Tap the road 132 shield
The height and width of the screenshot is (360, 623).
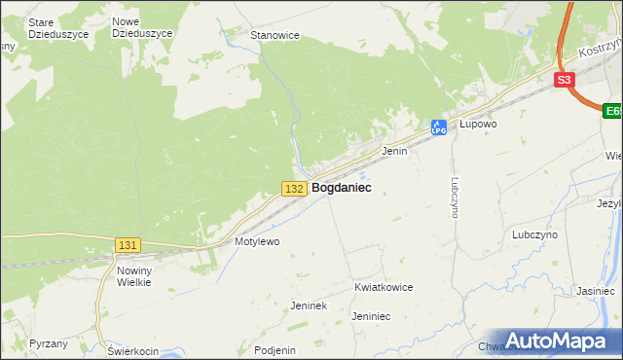295,188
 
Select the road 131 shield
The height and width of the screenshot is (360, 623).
127,245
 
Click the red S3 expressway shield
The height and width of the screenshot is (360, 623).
565,81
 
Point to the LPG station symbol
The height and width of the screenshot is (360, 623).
439,126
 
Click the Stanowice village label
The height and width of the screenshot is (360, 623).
275,35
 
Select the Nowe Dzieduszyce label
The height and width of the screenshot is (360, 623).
142,27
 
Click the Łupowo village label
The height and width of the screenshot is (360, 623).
478,125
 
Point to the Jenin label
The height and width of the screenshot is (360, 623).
393,152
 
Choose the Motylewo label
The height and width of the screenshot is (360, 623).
257,241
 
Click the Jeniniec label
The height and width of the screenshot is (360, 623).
371,316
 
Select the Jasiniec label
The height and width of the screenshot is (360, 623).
594,291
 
